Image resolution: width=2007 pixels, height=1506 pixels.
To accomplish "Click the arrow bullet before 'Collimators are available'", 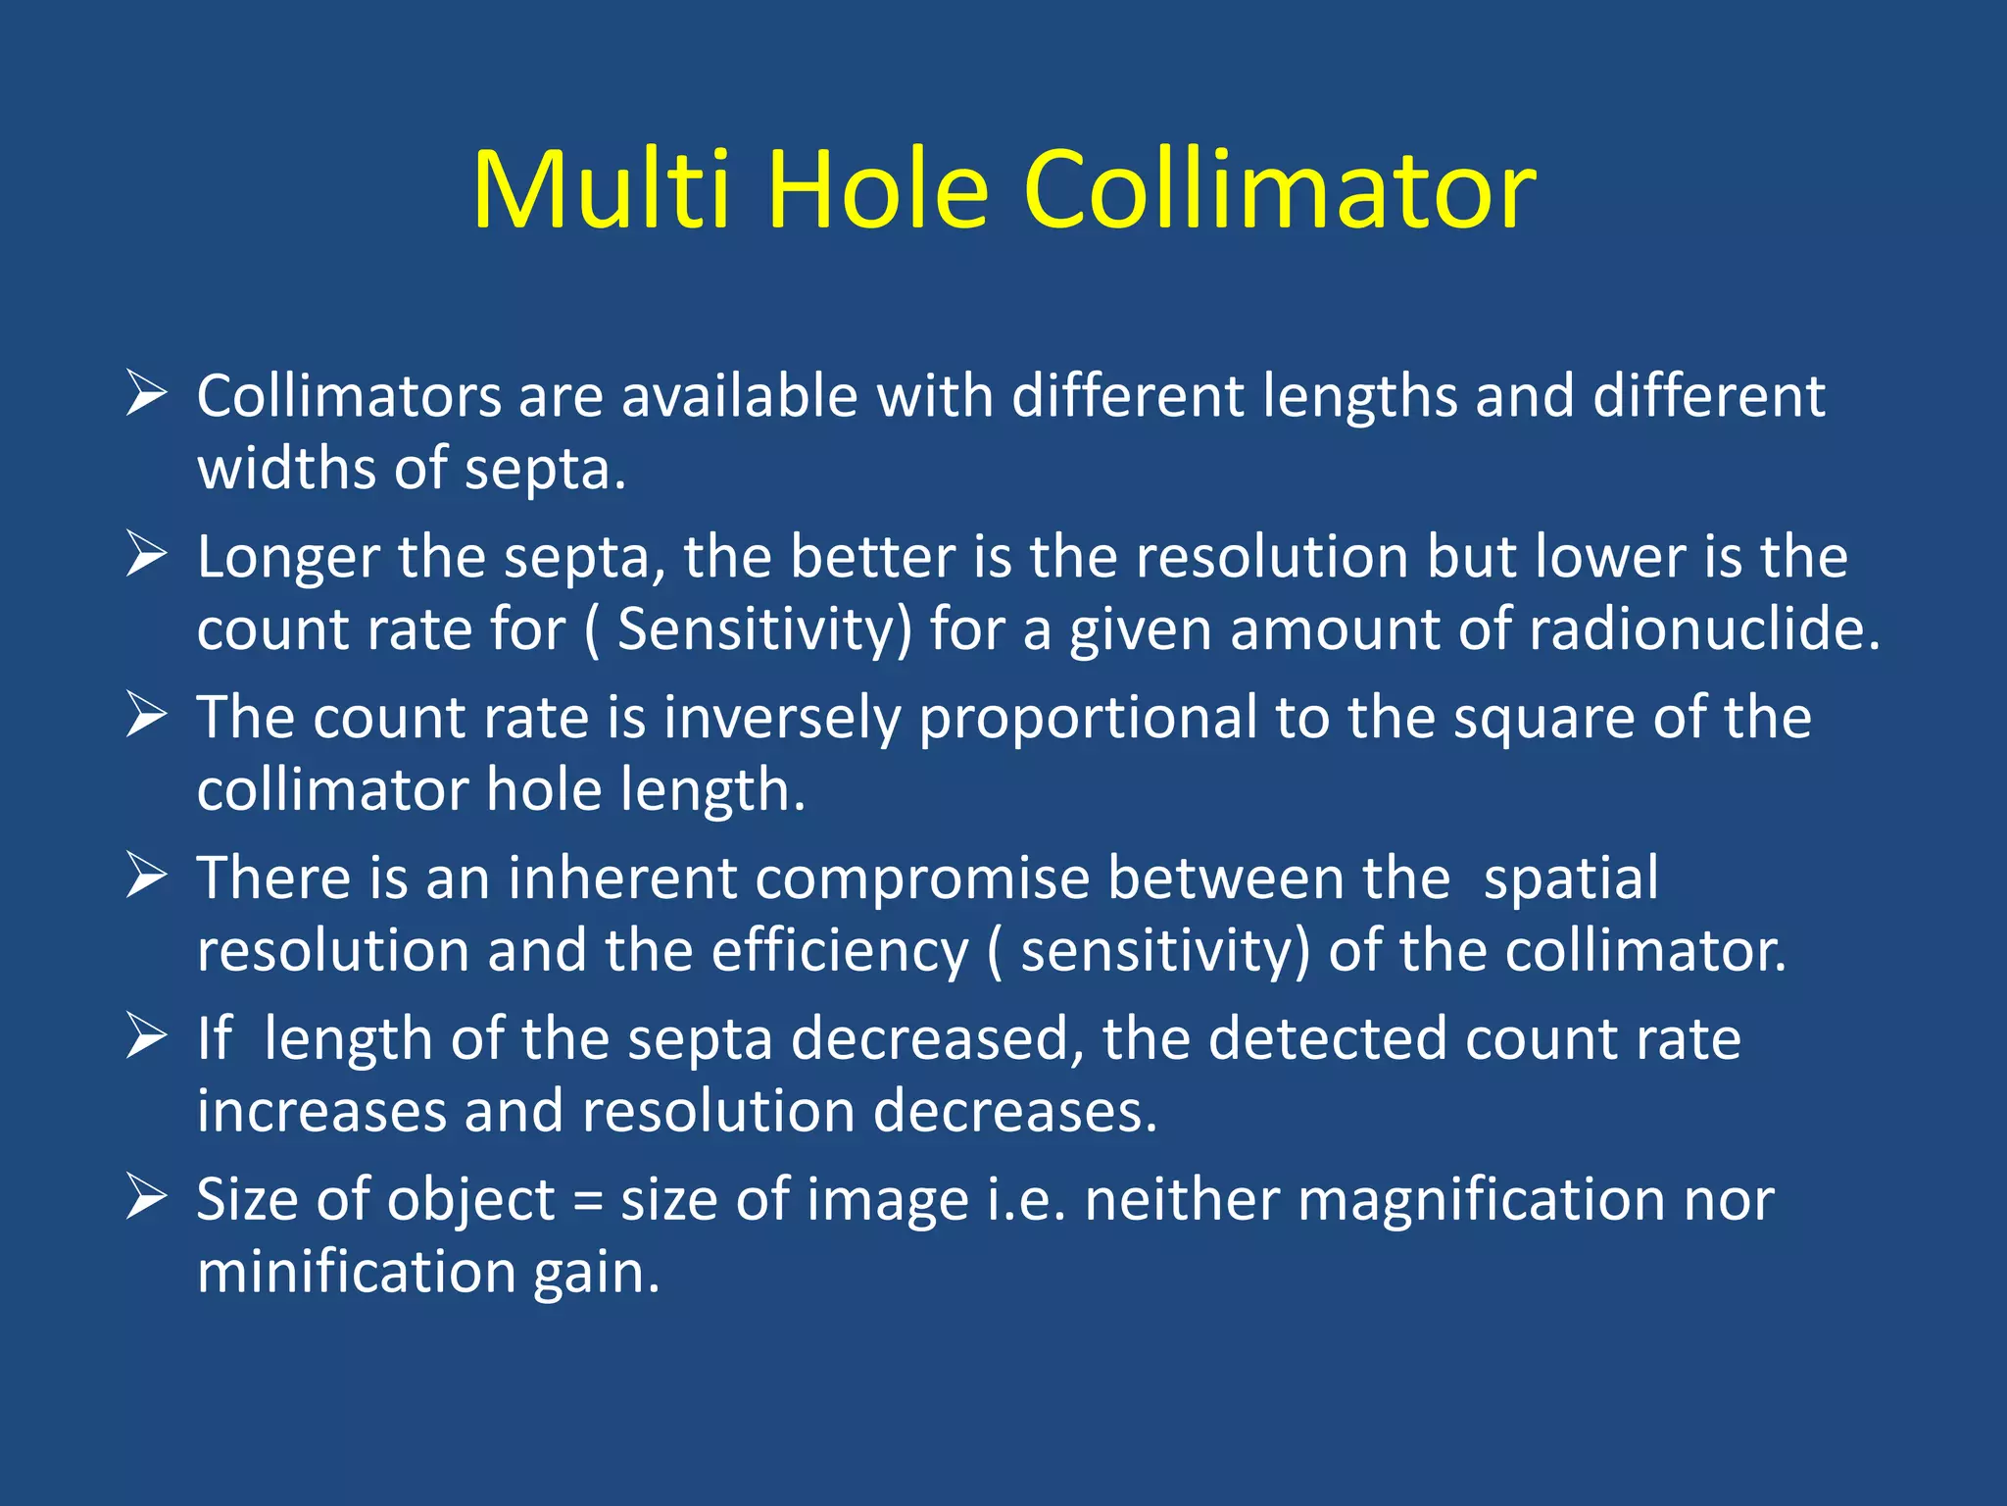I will click(x=147, y=395).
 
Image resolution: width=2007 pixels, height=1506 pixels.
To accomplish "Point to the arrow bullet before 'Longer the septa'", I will click(x=147, y=556).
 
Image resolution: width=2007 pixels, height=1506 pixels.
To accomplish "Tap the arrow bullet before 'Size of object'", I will click(x=147, y=1198).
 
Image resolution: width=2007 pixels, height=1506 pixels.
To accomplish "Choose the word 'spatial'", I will click(x=1571, y=878).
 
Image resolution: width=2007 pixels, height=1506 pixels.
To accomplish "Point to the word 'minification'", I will click(x=357, y=1273).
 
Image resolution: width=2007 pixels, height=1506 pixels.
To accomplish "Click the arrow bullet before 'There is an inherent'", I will click(x=147, y=877).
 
